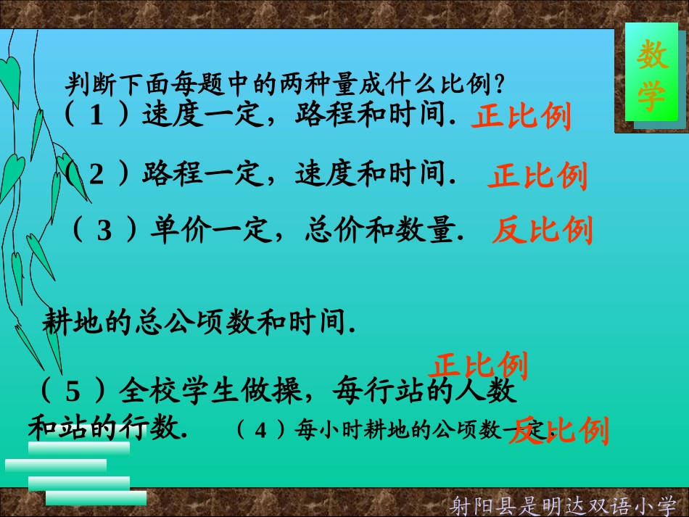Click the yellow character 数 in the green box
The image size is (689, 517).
tap(652, 56)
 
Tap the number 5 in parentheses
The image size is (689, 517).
tap(73, 392)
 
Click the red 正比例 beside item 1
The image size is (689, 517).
tap(521, 116)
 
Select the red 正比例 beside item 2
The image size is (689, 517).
tap(537, 176)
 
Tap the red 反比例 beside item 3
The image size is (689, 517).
tap(542, 231)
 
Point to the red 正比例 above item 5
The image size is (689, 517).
tap(479, 365)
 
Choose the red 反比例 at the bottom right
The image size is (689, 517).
tap(558, 431)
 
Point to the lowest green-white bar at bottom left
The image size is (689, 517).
tap(96, 498)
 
